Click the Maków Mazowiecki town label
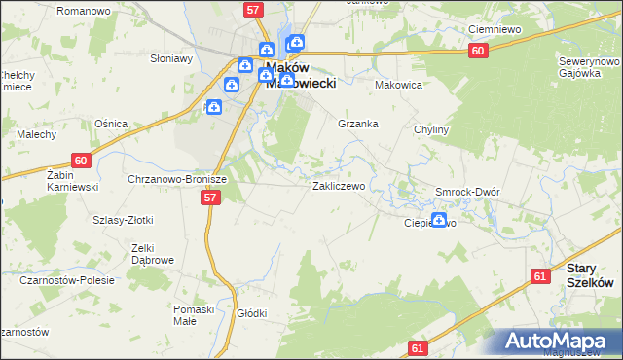click(x=301, y=75)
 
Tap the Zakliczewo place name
click(x=338, y=185)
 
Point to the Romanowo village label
click(x=83, y=10)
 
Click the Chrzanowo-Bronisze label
click(x=177, y=179)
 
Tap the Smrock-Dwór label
click(x=467, y=192)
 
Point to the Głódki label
click(x=251, y=313)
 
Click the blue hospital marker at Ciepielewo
click(x=438, y=220)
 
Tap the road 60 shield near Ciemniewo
click(x=476, y=51)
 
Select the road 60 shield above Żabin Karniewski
click(x=81, y=161)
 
